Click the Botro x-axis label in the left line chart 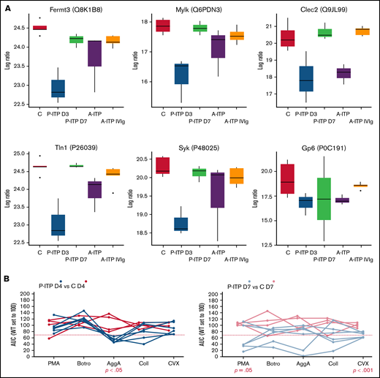click(x=85, y=363)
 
